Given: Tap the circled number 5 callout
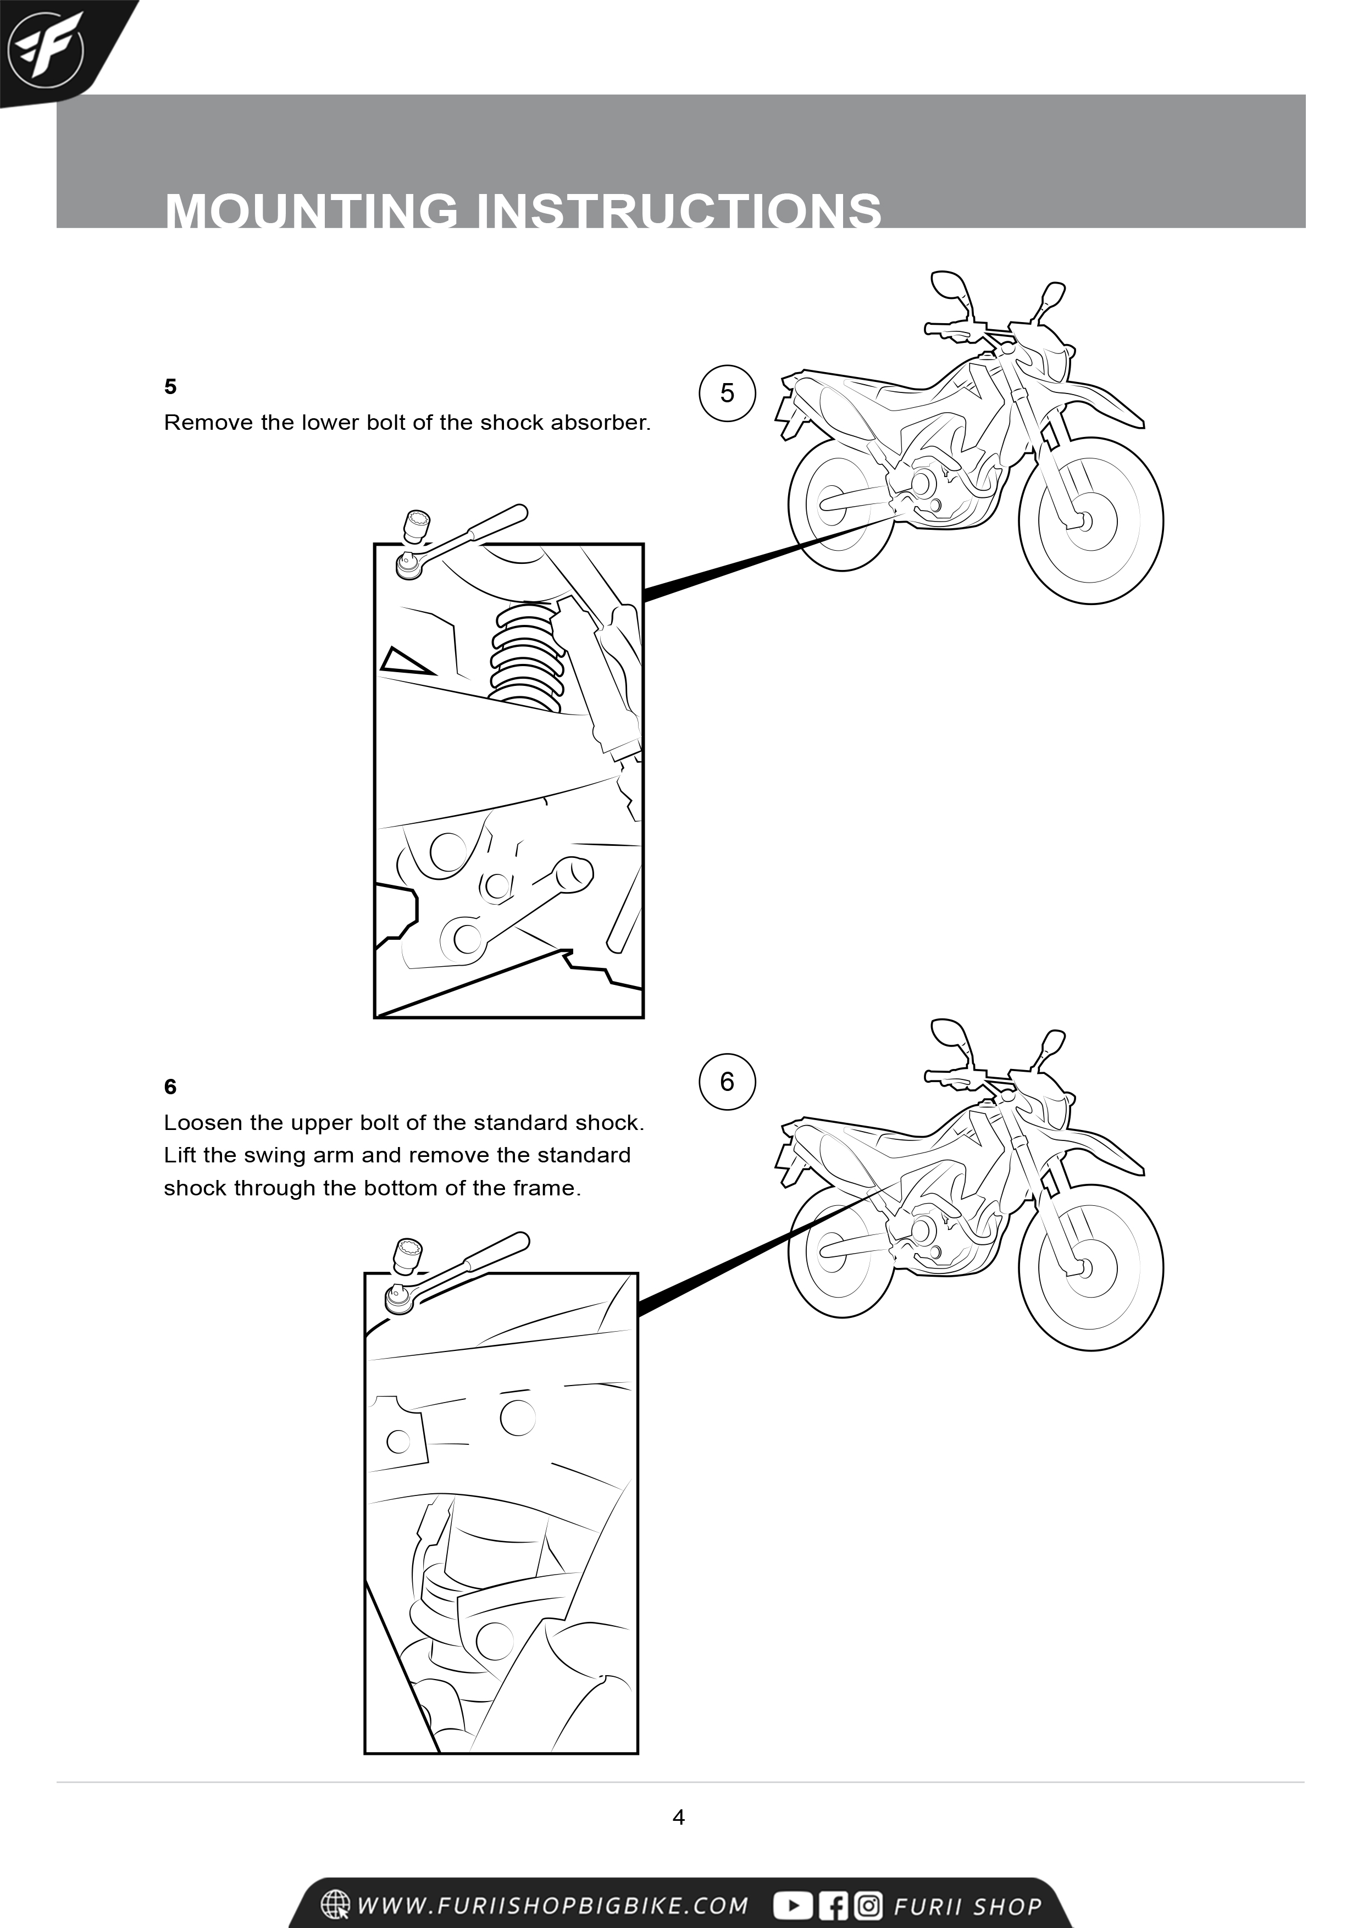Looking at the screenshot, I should coord(727,392).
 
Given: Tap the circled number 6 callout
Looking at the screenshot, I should coord(727,1082).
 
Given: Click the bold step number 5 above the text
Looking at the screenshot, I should coord(170,386).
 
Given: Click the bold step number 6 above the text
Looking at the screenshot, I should coord(170,1087).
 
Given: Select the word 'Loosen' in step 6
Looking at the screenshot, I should coord(203,1123).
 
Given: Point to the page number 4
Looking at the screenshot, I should coord(679,1817).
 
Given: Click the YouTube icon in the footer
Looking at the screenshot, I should coord(792,1905).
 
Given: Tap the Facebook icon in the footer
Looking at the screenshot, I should coord(834,1905).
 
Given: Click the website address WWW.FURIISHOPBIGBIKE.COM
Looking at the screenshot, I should coord(552,1905).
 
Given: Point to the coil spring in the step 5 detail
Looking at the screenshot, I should coord(527,656).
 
